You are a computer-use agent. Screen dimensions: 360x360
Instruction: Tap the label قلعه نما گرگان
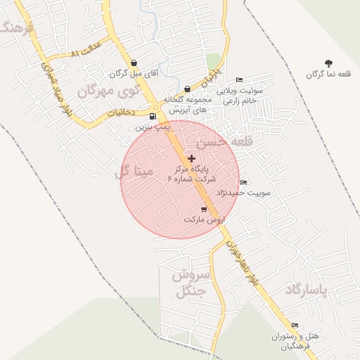click(x=330, y=75)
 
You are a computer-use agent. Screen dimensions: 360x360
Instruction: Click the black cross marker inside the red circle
click(x=191, y=158)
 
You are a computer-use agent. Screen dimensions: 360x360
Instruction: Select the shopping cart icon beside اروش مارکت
click(x=204, y=209)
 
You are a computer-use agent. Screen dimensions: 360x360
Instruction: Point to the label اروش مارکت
click(x=202, y=219)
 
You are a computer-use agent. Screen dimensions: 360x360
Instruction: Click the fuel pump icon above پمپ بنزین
click(x=153, y=117)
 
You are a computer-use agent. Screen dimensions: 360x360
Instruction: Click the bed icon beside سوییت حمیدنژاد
click(x=244, y=183)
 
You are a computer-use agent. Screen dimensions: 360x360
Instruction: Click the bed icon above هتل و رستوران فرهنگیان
click(x=295, y=326)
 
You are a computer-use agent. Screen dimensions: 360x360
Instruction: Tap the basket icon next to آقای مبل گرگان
click(x=131, y=62)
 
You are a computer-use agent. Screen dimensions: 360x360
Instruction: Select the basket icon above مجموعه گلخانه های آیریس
click(x=187, y=89)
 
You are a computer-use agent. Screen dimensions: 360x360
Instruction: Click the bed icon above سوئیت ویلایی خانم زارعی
click(x=240, y=79)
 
